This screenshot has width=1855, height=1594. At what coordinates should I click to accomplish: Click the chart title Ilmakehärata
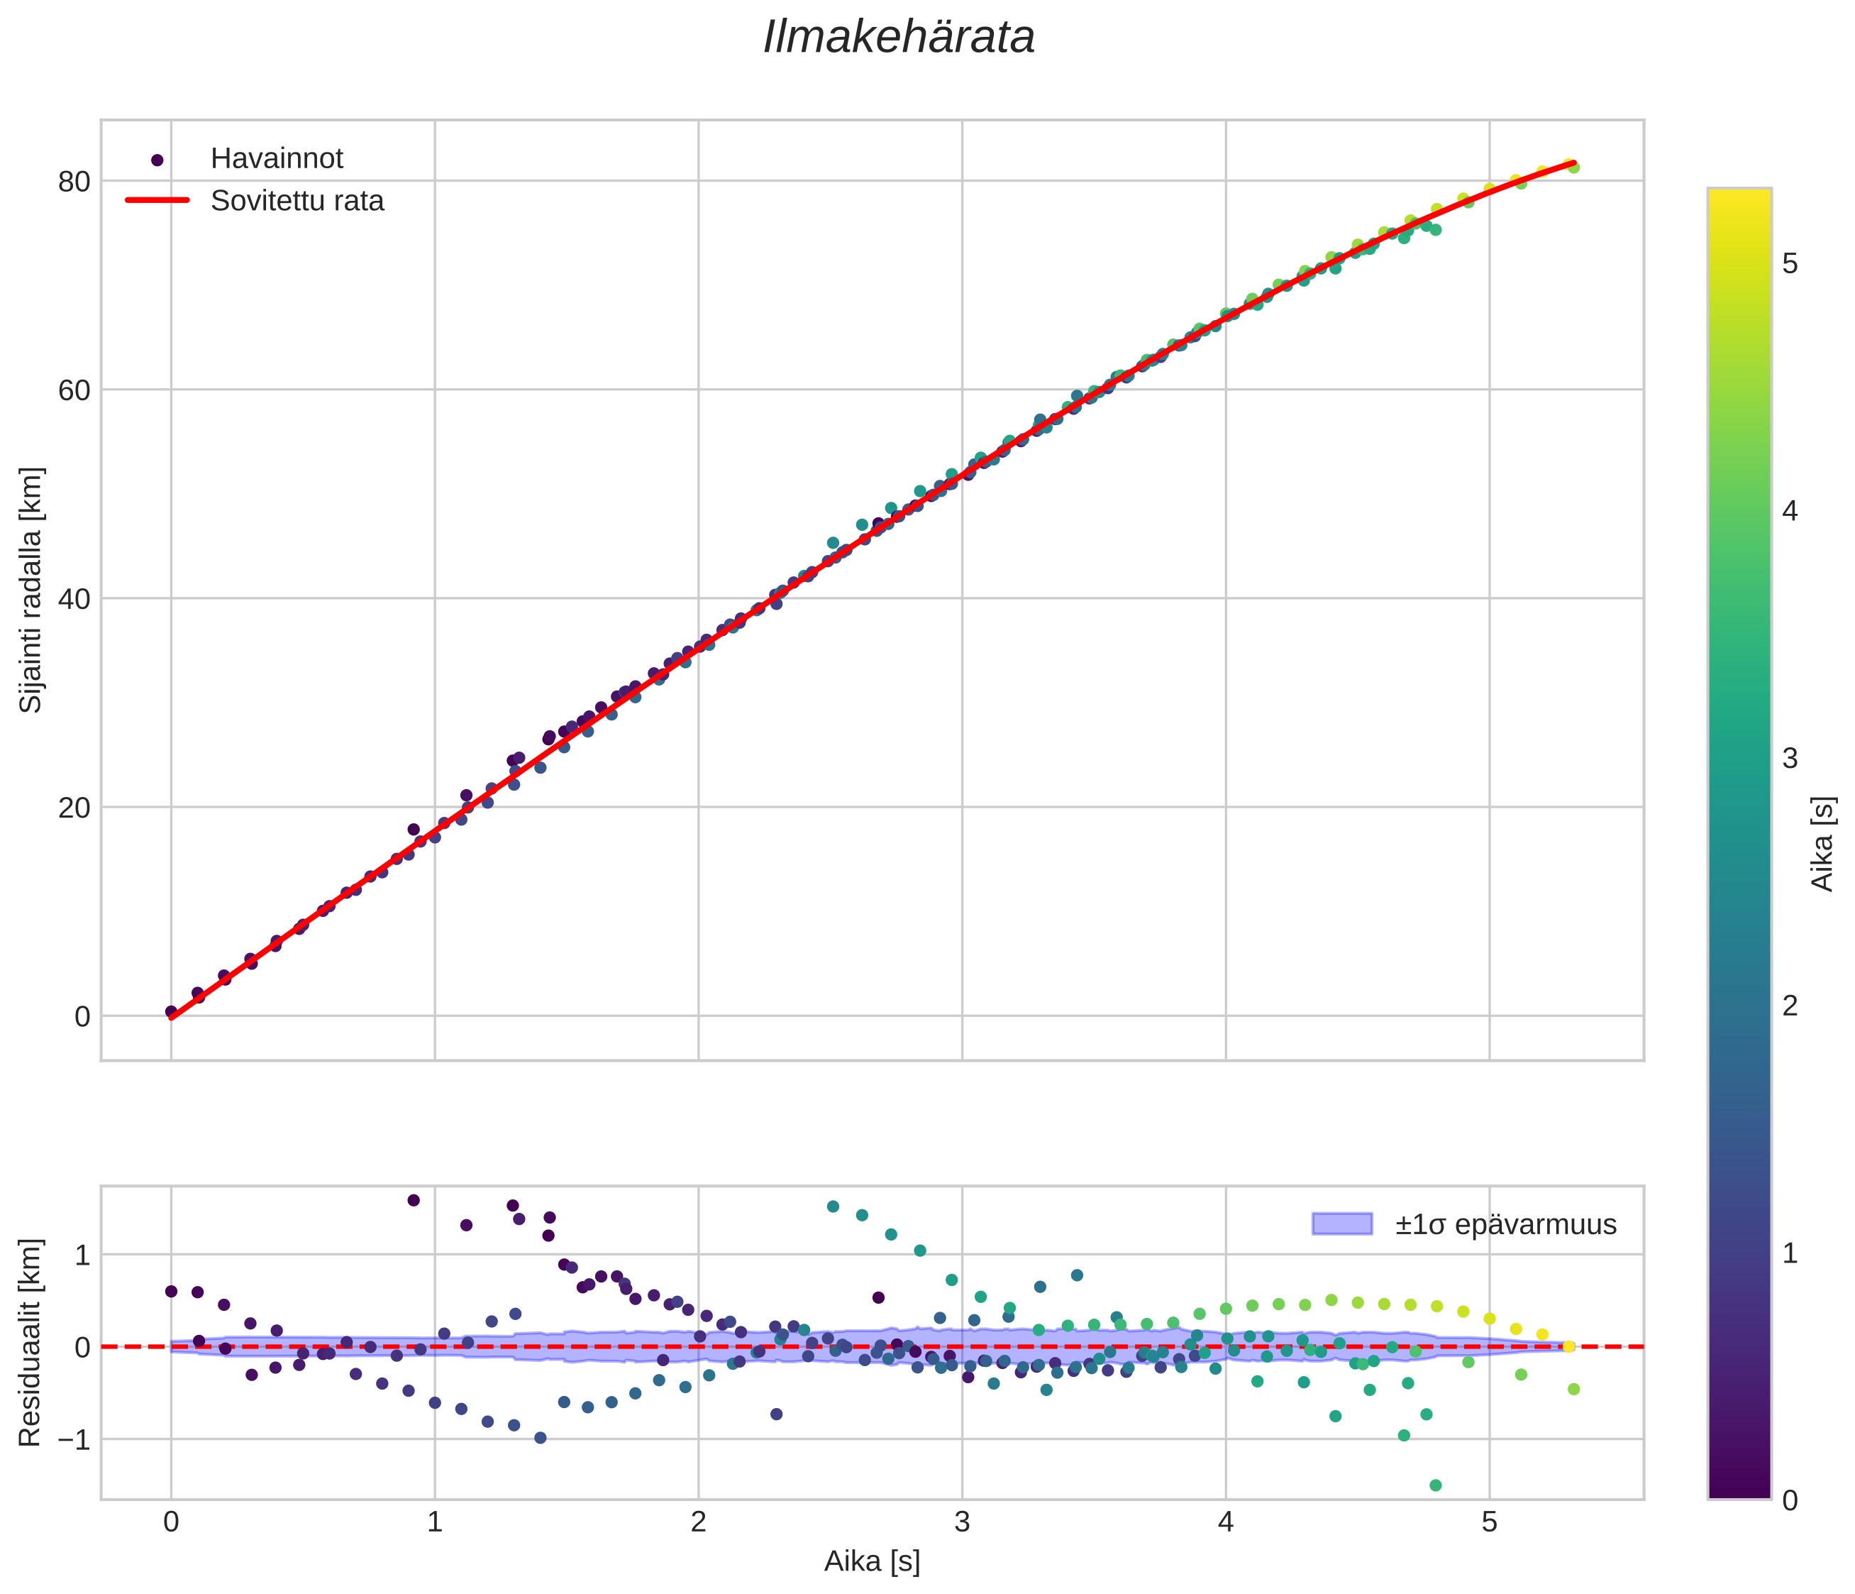(899, 38)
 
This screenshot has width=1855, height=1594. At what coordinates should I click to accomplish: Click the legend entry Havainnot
(277, 158)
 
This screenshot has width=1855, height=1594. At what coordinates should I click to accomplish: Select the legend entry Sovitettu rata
(297, 201)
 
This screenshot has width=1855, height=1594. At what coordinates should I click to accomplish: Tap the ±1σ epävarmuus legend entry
(1505, 1224)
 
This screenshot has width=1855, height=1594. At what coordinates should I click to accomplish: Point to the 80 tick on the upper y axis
(74, 182)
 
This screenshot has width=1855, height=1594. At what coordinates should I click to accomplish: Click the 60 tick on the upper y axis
(74, 390)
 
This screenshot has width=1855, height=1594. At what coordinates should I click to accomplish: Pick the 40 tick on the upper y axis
(74, 599)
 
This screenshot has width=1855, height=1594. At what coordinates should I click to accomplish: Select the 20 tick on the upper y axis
(74, 808)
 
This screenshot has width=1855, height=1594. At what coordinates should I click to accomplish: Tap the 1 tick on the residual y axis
(82, 1255)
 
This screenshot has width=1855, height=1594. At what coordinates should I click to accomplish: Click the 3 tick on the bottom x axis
(963, 1523)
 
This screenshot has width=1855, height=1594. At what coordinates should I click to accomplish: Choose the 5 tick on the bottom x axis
(1490, 1523)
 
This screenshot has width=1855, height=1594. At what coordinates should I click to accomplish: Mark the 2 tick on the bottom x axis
(698, 1523)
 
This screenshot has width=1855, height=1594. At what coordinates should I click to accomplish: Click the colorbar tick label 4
(1790, 511)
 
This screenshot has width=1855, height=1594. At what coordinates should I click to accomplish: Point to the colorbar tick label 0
(1790, 1501)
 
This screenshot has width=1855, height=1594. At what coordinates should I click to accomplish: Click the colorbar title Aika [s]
(1823, 844)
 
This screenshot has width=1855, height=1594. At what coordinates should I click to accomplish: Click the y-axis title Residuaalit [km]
(31, 1343)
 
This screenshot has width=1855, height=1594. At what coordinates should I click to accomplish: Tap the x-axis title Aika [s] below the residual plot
(872, 1563)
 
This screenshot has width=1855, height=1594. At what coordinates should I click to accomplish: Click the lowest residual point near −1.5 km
(1436, 1485)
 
